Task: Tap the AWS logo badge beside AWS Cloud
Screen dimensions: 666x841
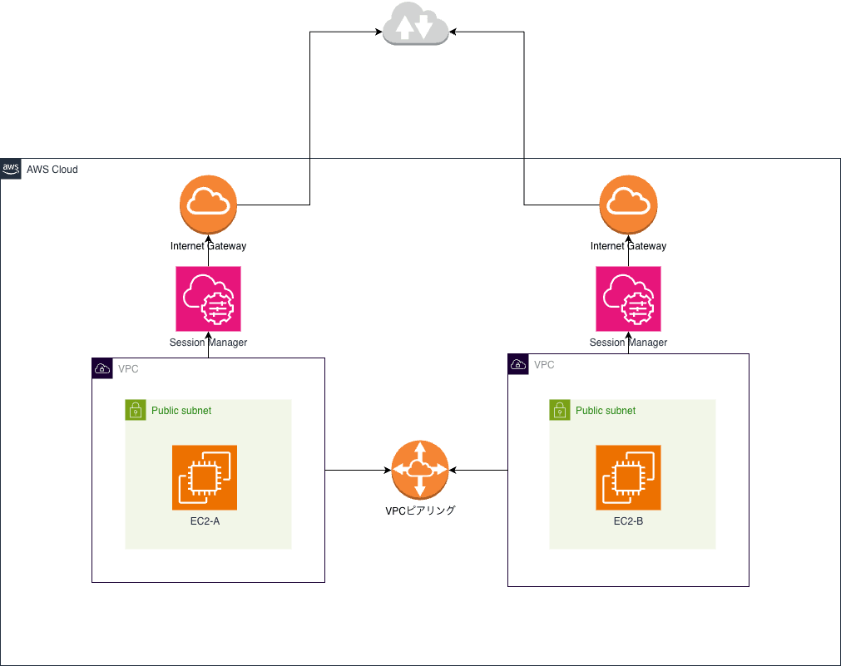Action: click(11, 169)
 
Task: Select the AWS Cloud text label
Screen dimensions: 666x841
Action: click(52, 170)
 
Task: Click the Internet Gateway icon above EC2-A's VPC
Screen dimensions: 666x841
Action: click(209, 205)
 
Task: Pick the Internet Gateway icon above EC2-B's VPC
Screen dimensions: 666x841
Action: click(628, 205)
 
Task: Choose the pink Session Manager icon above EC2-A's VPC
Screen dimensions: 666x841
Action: click(209, 298)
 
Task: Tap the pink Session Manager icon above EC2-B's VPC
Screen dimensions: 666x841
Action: click(628, 298)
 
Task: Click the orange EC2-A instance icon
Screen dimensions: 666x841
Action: click(205, 477)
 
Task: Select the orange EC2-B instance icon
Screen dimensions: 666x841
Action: click(628, 477)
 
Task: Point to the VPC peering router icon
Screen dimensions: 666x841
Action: click(420, 470)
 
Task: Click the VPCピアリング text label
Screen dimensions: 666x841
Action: click(420, 511)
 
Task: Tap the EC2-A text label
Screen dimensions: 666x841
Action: click(205, 521)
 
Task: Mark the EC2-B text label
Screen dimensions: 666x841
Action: click(628, 521)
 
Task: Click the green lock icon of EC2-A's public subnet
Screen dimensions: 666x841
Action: click(136, 410)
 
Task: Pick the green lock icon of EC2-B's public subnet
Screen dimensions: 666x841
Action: click(560, 410)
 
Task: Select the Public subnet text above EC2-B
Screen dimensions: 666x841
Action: click(606, 411)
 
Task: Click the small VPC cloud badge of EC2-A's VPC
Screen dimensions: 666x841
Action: click(102, 368)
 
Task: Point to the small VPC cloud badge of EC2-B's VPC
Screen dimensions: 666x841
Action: click(518, 364)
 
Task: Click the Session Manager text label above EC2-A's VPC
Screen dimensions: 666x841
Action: click(209, 343)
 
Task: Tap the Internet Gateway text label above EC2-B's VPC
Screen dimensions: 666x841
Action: click(628, 246)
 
